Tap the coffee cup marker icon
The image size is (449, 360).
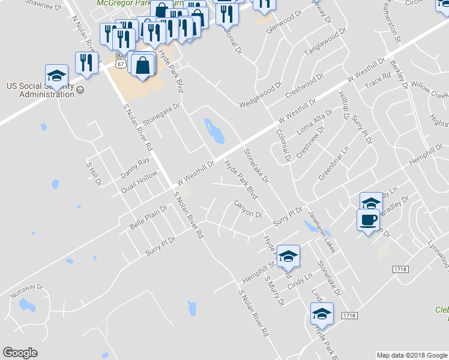(368, 219)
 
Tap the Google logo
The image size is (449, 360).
(20, 353)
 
